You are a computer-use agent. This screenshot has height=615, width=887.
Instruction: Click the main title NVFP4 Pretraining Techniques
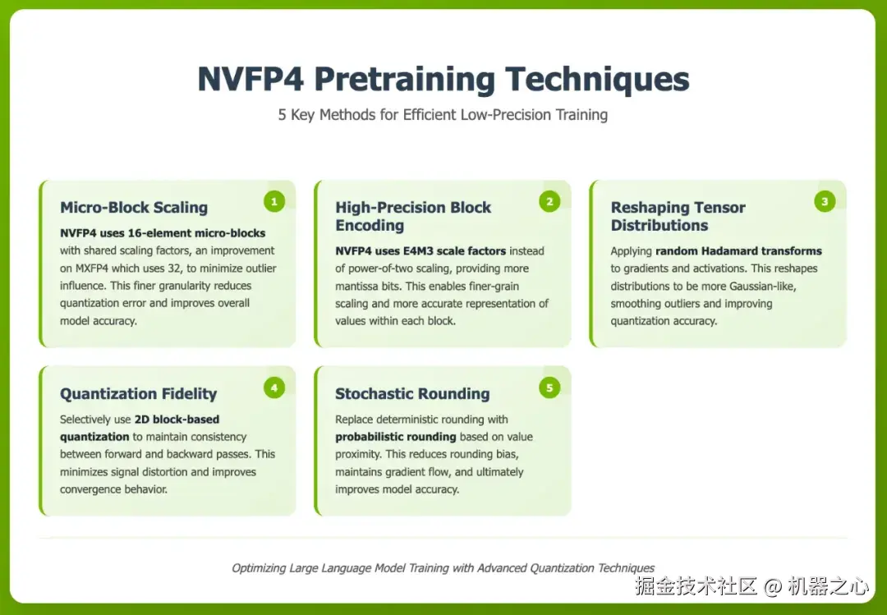tap(443, 79)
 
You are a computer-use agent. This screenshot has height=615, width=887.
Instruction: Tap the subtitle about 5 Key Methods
tap(443, 115)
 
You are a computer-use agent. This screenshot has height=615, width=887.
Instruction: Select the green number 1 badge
tap(274, 201)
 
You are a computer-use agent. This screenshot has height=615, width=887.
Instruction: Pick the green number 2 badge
tap(549, 201)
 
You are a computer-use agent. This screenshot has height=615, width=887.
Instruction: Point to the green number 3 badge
tap(825, 201)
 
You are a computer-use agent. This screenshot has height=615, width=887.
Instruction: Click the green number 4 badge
tap(274, 388)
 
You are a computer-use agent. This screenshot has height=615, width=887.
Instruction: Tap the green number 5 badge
tap(549, 388)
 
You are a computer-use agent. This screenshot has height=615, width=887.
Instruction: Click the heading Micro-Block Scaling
tap(134, 208)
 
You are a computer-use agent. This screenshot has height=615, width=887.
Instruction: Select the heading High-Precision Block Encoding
tap(413, 216)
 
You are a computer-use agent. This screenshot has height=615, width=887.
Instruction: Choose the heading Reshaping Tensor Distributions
tap(678, 216)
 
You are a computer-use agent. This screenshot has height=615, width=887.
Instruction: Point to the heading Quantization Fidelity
tap(139, 394)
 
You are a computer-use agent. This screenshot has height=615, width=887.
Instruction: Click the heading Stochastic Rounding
tap(412, 394)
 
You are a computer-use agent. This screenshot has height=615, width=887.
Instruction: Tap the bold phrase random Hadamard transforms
tap(739, 250)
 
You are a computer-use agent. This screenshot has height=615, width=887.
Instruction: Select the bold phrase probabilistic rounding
tap(395, 437)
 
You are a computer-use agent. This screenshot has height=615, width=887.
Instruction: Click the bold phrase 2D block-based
tap(177, 420)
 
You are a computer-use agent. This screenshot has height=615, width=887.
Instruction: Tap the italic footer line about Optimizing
tap(443, 568)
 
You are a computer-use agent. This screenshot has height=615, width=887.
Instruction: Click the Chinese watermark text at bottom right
tap(751, 586)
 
